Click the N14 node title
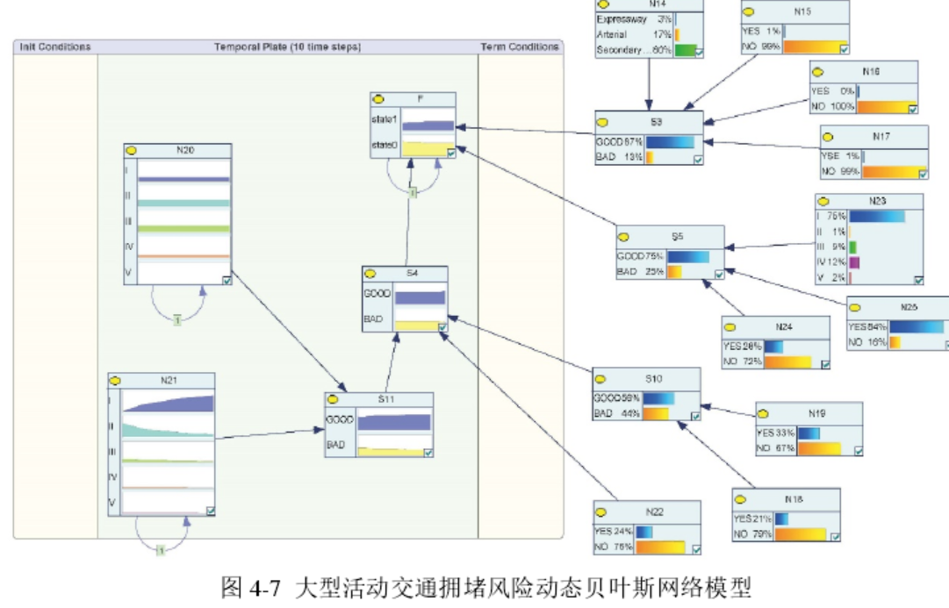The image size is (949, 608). (650, 4)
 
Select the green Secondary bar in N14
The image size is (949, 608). (686, 51)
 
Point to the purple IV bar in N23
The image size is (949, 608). (854, 262)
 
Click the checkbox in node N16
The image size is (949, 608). (912, 108)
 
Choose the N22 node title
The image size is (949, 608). (653, 511)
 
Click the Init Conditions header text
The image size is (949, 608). (54, 46)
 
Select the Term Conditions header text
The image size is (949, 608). (519, 46)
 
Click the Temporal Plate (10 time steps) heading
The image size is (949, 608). (288, 46)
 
